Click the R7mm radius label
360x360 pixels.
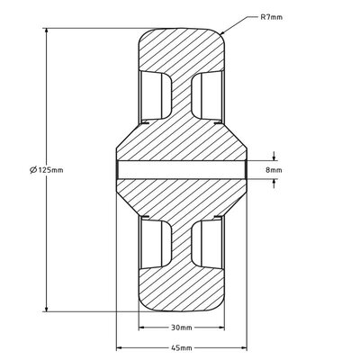(x=271, y=17)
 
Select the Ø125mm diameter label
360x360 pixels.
(x=47, y=170)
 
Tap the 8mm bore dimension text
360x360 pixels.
(x=274, y=170)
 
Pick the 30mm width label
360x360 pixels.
(x=182, y=328)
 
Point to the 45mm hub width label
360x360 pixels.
(x=182, y=348)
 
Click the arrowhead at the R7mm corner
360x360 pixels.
(x=223, y=32)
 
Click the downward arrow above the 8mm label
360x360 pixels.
(x=274, y=157)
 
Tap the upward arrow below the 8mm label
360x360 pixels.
(x=274, y=184)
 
